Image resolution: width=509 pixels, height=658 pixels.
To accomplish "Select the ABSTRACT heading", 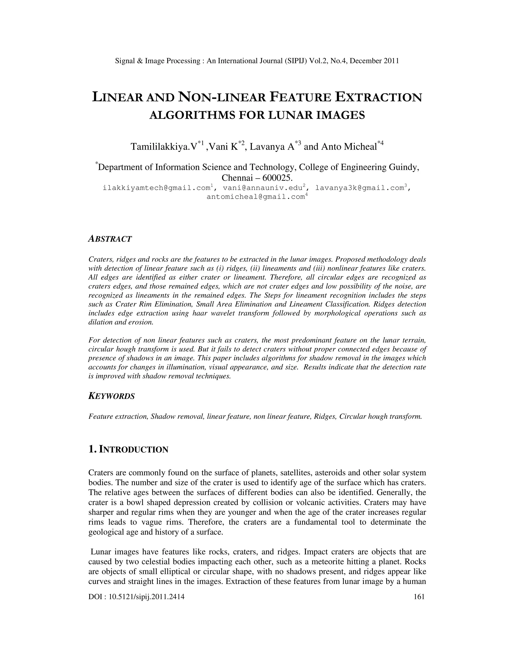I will [110, 239].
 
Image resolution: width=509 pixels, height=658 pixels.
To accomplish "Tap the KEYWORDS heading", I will [112, 396].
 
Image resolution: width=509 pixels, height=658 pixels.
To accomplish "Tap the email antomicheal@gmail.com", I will [256, 197].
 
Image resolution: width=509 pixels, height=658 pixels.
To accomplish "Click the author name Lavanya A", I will [272, 147].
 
